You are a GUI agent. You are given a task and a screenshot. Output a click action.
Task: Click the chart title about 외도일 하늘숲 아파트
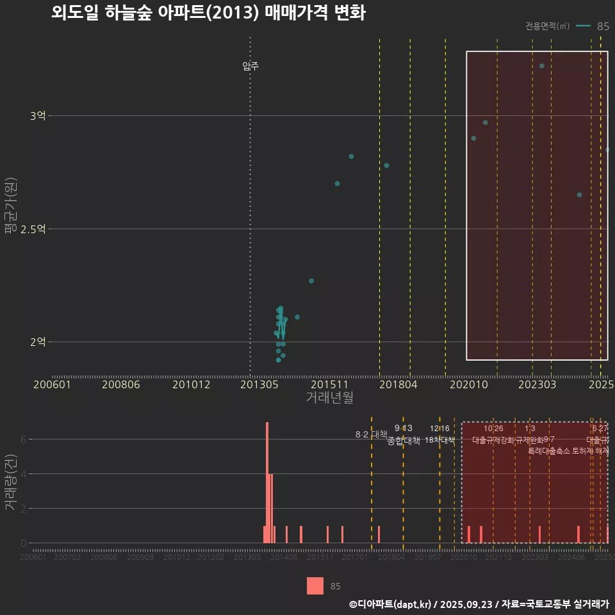(x=208, y=13)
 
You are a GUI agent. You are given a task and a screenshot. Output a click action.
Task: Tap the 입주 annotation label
(x=250, y=65)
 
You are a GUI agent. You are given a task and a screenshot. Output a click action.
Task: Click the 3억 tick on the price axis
(x=38, y=116)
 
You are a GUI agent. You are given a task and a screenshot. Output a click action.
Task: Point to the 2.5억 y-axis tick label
(x=33, y=229)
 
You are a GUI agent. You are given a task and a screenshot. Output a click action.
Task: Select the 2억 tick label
(x=38, y=342)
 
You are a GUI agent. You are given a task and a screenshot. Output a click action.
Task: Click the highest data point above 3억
(x=541, y=66)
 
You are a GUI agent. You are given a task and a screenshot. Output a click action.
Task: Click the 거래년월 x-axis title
(x=329, y=397)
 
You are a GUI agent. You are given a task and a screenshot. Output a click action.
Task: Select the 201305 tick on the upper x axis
(x=259, y=384)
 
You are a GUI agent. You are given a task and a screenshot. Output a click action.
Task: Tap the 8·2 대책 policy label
(x=372, y=434)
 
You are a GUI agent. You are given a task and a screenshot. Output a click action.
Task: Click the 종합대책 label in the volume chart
(x=404, y=441)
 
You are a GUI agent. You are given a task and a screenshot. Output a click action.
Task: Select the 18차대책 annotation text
(x=439, y=440)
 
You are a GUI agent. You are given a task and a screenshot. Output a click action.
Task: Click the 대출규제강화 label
(x=493, y=440)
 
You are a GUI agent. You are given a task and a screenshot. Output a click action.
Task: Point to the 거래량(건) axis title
(x=10, y=482)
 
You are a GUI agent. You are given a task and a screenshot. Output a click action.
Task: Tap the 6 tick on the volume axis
(x=24, y=439)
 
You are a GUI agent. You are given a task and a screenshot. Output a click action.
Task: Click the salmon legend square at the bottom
(x=315, y=586)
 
